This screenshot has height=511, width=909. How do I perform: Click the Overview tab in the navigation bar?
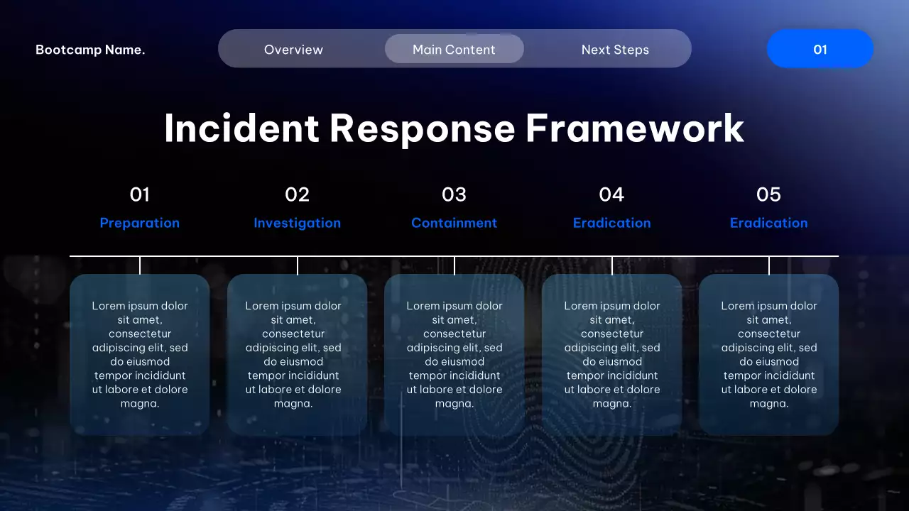point(293,50)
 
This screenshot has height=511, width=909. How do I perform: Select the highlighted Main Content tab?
point(454,50)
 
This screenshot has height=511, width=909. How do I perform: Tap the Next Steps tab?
point(615,50)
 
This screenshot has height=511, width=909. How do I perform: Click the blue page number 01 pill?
point(820,49)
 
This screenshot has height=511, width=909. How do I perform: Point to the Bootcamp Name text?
point(90,50)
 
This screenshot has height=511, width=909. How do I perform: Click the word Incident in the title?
point(241,128)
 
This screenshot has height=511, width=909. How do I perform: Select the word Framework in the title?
point(635,128)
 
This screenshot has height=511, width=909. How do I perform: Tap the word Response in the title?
point(422,128)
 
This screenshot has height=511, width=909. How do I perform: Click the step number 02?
point(298,194)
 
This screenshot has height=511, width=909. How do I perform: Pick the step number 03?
point(454,194)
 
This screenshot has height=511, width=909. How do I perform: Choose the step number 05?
point(768,194)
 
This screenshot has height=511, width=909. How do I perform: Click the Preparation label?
point(140,223)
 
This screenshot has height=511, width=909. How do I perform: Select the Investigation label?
point(298,223)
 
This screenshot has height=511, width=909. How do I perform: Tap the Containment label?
point(454,223)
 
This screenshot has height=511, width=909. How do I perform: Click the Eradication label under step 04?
point(611,223)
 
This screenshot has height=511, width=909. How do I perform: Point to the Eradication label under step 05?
point(768,223)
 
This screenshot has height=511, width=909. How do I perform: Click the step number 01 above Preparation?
point(140,194)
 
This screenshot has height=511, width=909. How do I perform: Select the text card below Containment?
point(454,354)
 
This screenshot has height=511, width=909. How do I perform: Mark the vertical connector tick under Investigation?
point(298,265)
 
